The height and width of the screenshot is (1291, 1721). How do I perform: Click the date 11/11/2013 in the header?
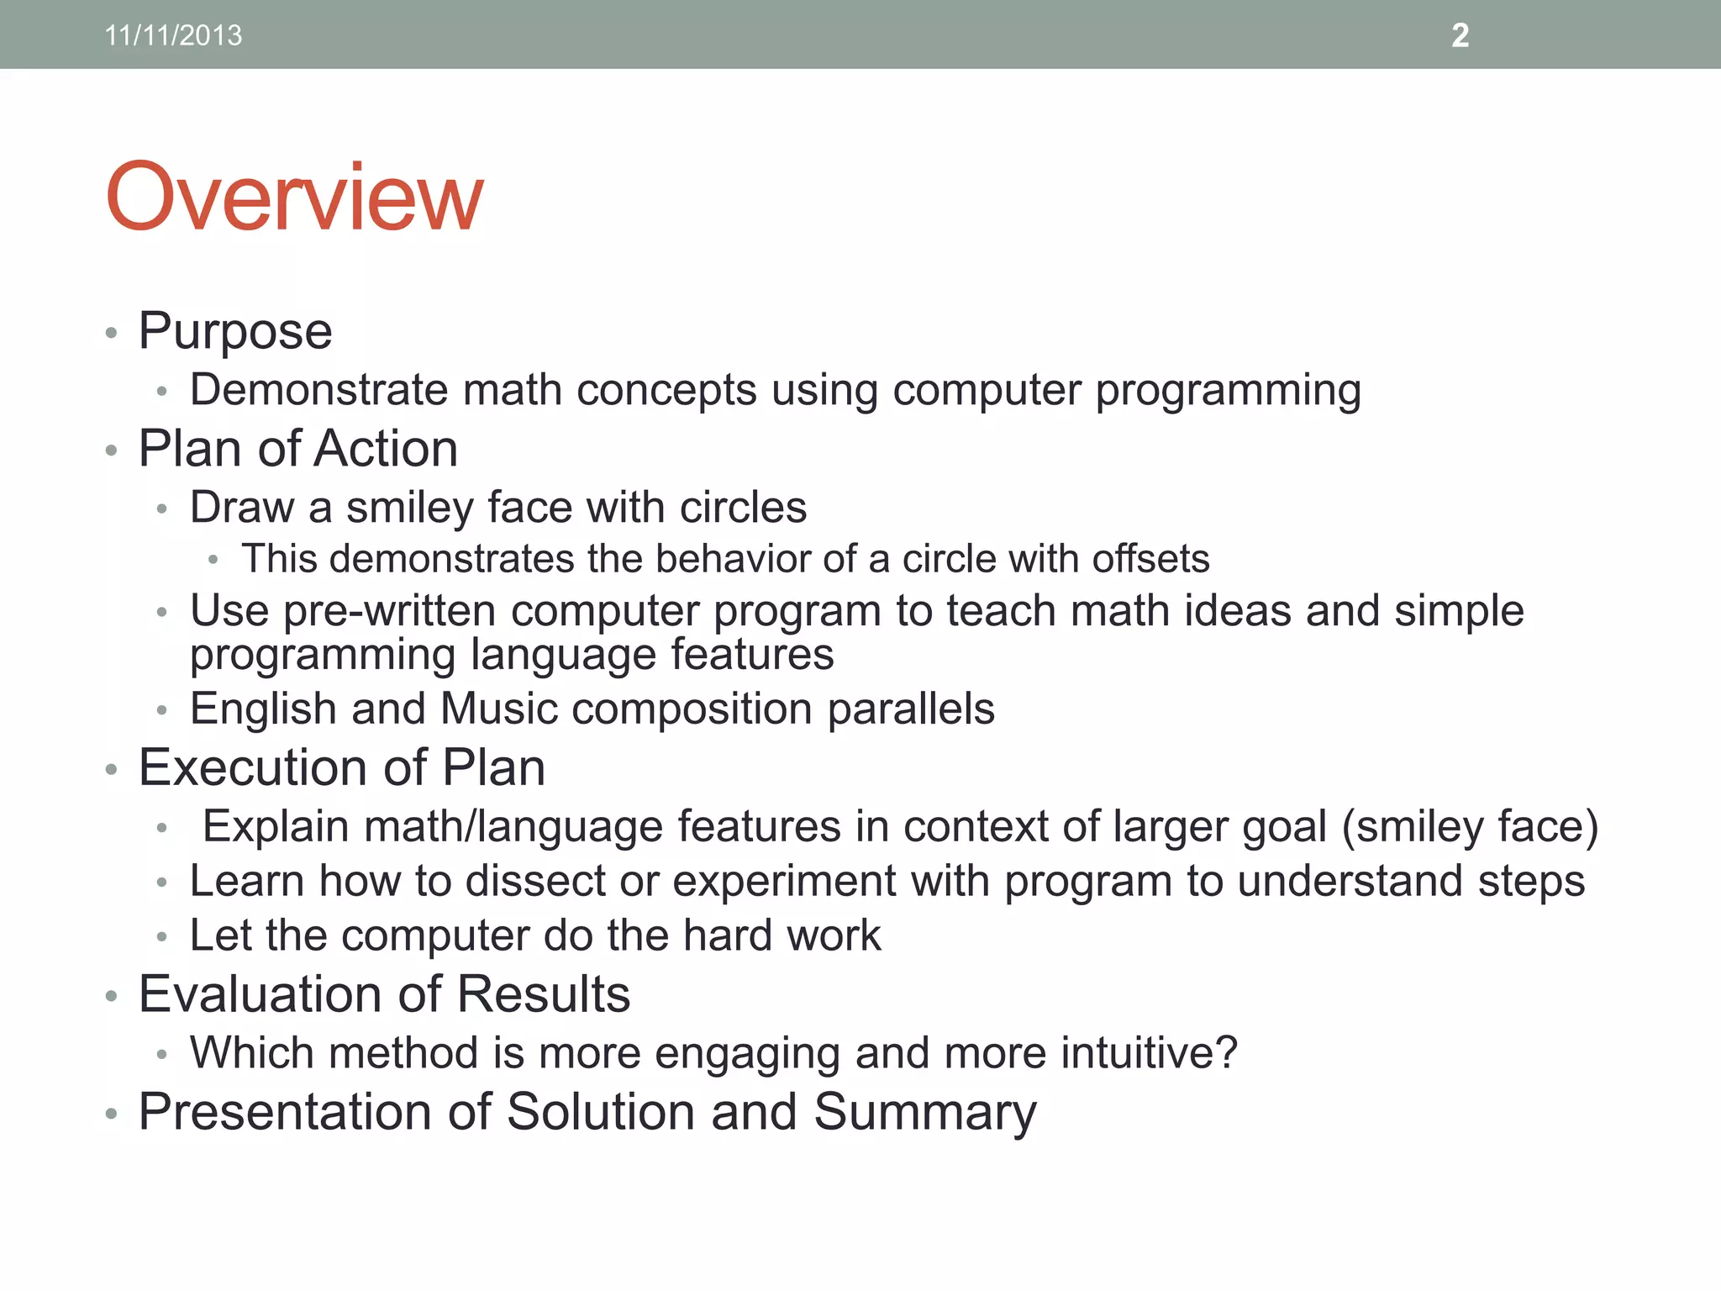point(173,35)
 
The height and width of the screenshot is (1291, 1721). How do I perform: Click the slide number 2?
point(1460,35)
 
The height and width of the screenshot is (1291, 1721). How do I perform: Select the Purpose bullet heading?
point(235,330)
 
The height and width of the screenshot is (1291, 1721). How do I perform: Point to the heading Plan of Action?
point(297,448)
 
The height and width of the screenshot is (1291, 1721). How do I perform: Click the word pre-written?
point(389,610)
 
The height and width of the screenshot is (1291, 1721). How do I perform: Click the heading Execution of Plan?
point(342,767)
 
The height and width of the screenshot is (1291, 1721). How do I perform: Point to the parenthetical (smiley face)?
point(1470,826)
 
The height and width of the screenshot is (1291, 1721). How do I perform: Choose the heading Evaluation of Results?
point(384,994)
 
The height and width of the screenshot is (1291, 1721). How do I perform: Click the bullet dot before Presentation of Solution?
point(111,1114)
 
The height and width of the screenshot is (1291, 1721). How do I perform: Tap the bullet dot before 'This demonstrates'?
point(213,560)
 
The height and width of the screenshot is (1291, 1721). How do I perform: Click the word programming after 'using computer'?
point(1228,390)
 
